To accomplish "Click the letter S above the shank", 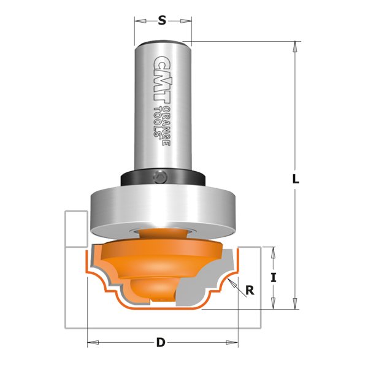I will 162,20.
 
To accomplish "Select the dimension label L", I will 295,179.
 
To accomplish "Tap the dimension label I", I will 274,277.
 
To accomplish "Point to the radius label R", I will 250,291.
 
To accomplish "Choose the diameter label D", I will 161,342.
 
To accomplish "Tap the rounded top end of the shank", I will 162,43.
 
